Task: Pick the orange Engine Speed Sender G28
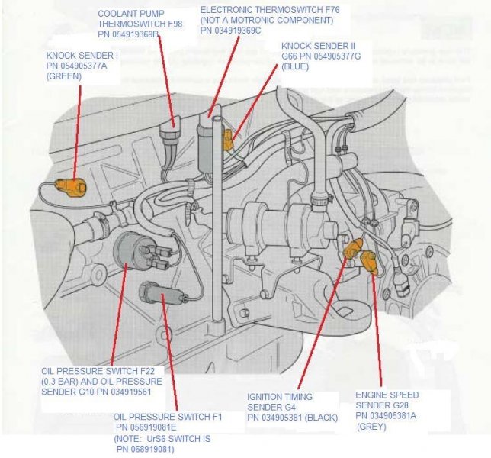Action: [x=368, y=261]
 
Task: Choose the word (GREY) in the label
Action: [x=371, y=427]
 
